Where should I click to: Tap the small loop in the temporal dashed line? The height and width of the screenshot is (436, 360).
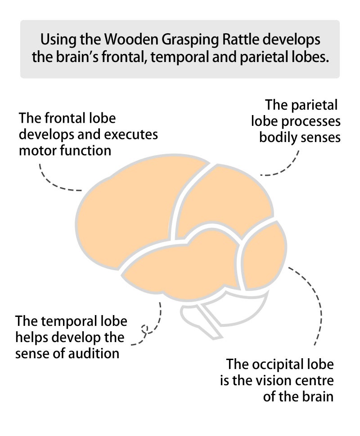[144, 329]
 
